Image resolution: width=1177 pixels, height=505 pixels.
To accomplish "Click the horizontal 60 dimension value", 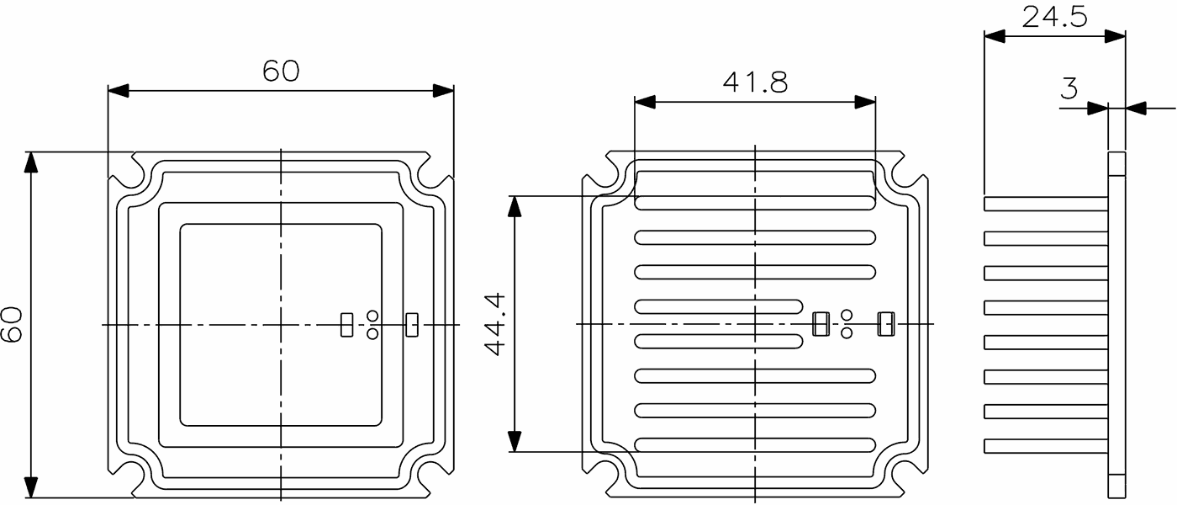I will [x=281, y=72].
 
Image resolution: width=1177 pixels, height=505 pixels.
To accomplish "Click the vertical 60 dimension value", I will [x=12, y=324].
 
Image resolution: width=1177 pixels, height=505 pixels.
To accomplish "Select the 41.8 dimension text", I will [x=755, y=82].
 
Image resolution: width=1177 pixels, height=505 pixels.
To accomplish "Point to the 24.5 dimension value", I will [x=1054, y=17].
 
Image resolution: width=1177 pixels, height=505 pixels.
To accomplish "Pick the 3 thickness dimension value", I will [x=1069, y=88].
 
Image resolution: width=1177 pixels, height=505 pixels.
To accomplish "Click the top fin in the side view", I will [x=1046, y=204].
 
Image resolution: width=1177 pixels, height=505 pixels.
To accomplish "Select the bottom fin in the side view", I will [x=1046, y=446].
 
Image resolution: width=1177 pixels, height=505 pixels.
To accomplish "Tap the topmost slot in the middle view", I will [x=755, y=203].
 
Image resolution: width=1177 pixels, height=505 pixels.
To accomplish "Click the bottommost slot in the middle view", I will [x=755, y=444].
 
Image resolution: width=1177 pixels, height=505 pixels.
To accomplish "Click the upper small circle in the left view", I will [x=372, y=316].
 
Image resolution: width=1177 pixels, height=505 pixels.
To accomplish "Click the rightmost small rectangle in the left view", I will [x=412, y=324].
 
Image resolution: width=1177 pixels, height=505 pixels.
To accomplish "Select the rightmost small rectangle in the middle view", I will [x=885, y=324].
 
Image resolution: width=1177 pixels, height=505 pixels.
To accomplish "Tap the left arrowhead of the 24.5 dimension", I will [x=995, y=35].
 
